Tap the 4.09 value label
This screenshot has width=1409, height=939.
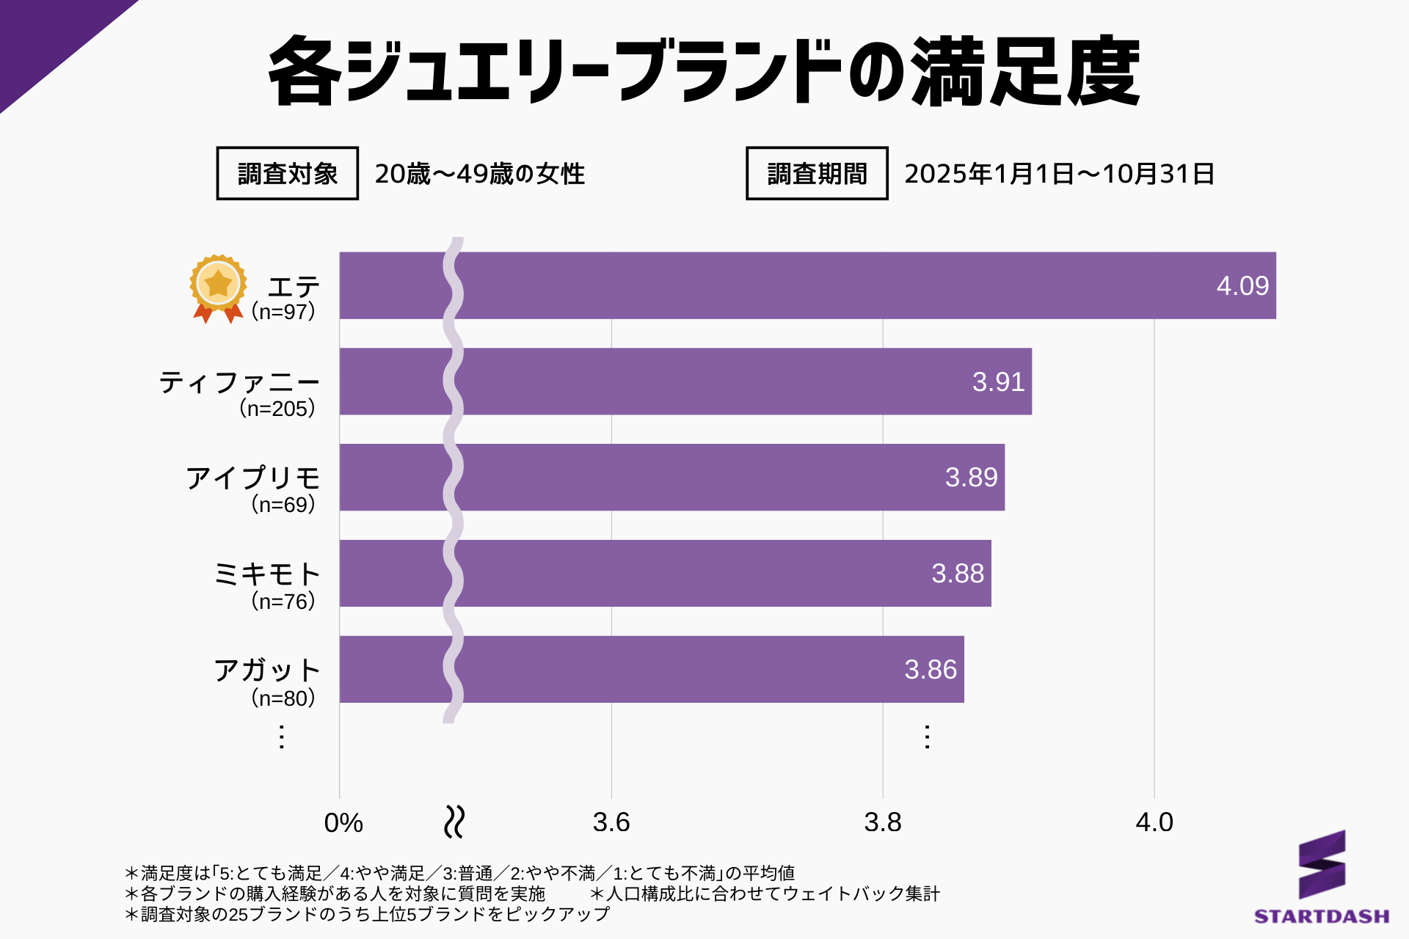(x=1242, y=286)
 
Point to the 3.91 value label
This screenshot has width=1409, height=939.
(x=998, y=382)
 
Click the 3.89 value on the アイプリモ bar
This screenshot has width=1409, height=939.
(x=971, y=478)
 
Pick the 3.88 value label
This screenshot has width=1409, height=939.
(x=958, y=574)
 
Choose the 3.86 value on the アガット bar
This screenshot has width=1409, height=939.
(x=931, y=670)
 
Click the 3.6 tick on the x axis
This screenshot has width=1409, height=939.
(x=611, y=822)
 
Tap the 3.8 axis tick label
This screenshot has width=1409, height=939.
(x=883, y=822)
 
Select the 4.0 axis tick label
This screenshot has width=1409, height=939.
(x=1154, y=822)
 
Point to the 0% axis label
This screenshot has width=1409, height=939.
(x=343, y=823)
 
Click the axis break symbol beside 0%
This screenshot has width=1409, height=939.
(x=454, y=822)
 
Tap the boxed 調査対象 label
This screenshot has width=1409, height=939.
(x=288, y=174)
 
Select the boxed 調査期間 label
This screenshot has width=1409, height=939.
(x=817, y=174)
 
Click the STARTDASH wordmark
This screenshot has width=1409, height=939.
(x=1322, y=916)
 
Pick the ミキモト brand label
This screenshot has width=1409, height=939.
(x=267, y=574)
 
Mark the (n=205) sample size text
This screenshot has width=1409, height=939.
(x=277, y=409)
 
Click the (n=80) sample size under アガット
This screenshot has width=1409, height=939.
(x=283, y=698)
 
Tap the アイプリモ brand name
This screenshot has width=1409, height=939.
(x=253, y=478)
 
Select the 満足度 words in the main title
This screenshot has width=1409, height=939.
(x=1026, y=72)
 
